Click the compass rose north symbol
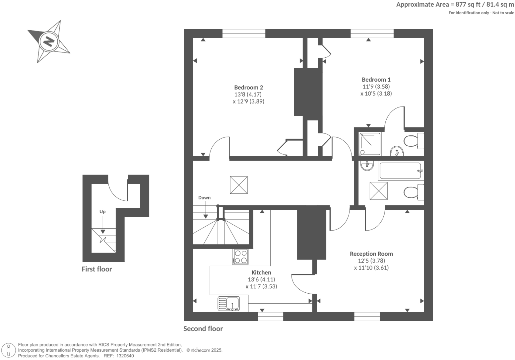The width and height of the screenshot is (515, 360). [49, 42]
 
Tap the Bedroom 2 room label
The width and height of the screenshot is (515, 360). [248, 88]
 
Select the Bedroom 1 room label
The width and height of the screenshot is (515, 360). [376, 80]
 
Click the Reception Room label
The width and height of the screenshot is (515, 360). [371, 254]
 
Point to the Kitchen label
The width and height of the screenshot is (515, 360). [261, 272]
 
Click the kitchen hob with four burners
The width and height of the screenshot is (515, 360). [240, 256]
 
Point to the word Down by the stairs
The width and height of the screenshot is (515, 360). [204, 198]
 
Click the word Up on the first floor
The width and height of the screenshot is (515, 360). [102, 212]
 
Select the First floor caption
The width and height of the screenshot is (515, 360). [97, 269]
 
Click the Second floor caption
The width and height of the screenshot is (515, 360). [203, 329]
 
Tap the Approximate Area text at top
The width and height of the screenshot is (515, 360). [455, 5]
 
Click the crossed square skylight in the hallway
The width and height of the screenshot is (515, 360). [239, 185]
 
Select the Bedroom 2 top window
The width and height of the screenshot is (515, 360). [244, 34]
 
